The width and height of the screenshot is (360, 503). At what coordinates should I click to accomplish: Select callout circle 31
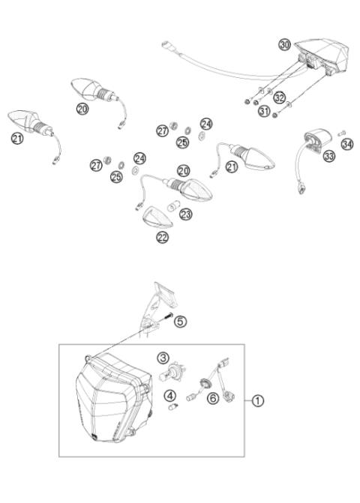pos(263,112)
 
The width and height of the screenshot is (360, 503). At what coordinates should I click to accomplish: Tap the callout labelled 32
pos(279,97)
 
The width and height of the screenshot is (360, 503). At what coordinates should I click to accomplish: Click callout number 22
pos(162,237)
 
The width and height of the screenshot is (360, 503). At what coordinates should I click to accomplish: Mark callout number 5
pos(181,320)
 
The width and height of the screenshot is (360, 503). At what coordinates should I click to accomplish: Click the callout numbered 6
pos(213,399)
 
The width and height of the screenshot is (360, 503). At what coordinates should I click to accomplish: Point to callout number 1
pos(259,401)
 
